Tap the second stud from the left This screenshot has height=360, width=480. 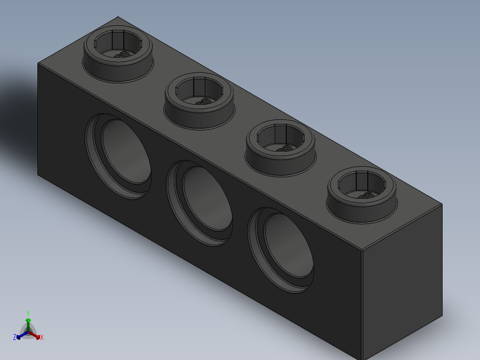pos(199,100)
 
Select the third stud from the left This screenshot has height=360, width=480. pos(281,147)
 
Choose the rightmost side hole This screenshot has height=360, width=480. pos(282,250)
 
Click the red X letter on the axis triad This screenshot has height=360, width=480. pos(42,338)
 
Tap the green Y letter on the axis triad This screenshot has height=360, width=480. pos(28,313)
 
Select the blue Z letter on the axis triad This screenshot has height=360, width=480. pos(15,337)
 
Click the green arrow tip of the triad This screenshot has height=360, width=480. pos(28,320)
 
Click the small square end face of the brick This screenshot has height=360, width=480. pos(402,281)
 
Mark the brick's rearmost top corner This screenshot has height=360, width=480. pos(118,17)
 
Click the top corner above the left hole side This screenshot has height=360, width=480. pos(38,63)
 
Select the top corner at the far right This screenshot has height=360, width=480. pos(442,205)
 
